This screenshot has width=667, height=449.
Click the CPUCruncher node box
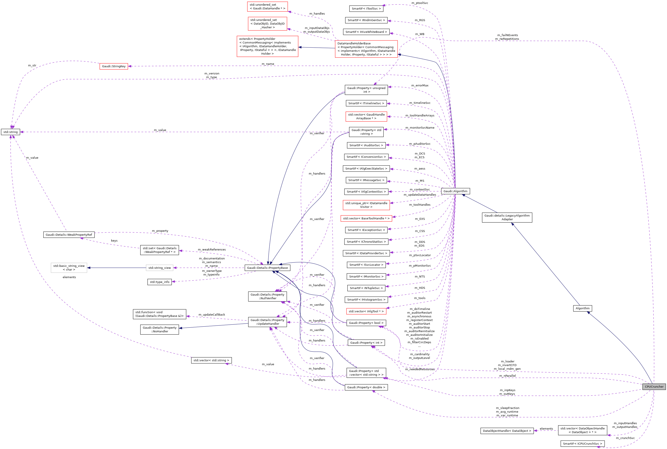pyautogui.click(x=654, y=387)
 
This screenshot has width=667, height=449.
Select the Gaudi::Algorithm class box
pyautogui.click(x=455, y=191)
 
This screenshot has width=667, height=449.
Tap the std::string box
pyautogui.click(x=11, y=132)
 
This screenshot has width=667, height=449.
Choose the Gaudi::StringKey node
pyautogui.click(x=114, y=66)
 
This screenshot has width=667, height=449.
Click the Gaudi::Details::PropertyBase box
pyautogui.click(x=267, y=268)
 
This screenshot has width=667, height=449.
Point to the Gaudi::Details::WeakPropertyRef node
pyautogui.click(x=69, y=235)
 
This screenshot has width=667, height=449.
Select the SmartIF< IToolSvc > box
pyautogui.click(x=366, y=8)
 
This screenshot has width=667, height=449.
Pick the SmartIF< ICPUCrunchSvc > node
pyautogui.click(x=583, y=444)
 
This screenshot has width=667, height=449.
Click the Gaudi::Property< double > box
pyautogui.click(x=366, y=387)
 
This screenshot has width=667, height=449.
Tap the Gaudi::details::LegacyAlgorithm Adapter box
pyautogui.click(x=507, y=218)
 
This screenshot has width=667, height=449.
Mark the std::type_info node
pyautogui.click(x=160, y=282)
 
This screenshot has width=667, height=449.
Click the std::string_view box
pyautogui.click(x=160, y=268)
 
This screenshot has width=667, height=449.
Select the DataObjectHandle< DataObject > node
pyautogui.click(x=507, y=431)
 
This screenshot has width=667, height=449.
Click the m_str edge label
pyautogui.click(x=32, y=66)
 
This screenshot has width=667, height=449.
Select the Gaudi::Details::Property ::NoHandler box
pyautogui.click(x=160, y=330)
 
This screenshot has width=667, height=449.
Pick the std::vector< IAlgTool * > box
pyautogui.click(x=366, y=311)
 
